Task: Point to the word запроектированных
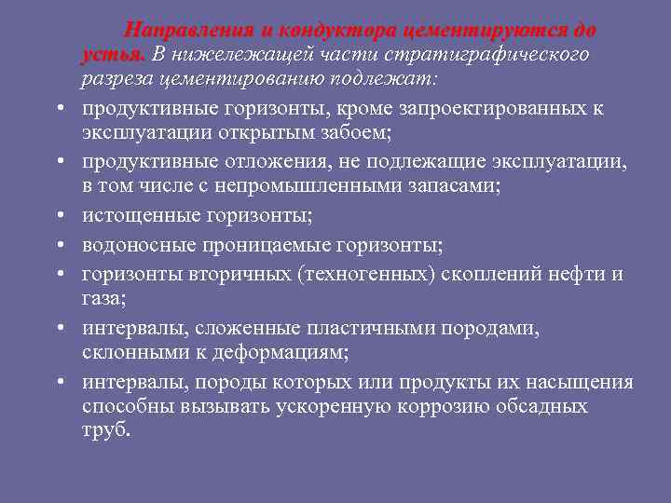click(493, 109)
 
